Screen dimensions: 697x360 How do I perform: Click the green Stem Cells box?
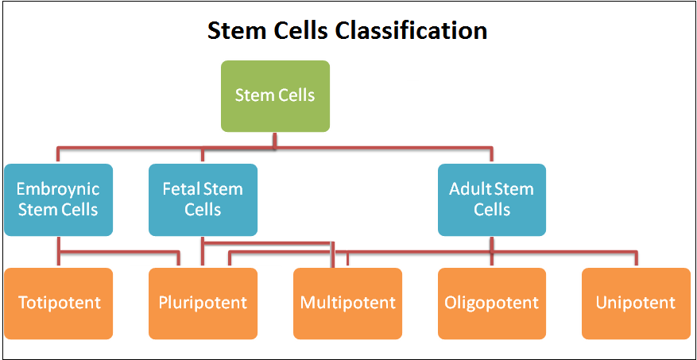(275, 96)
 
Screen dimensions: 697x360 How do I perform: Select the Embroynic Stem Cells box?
(58, 199)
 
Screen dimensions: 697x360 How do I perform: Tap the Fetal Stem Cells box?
(203, 199)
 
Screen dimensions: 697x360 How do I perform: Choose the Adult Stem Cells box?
(492, 199)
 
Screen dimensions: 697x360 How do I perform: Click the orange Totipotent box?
(58, 304)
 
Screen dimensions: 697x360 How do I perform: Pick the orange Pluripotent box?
(203, 304)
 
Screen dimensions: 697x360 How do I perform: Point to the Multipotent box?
(347, 304)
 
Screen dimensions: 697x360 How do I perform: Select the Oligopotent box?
(492, 304)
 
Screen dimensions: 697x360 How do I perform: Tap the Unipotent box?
(636, 304)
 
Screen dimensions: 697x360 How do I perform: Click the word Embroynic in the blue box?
(58, 189)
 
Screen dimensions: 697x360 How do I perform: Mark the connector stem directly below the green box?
(275, 140)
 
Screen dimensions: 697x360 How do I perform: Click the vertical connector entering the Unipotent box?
(636, 259)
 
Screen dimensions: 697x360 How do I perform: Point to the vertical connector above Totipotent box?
(58, 252)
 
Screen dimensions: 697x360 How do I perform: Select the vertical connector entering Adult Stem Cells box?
(492, 155)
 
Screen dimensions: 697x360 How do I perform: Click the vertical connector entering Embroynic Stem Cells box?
(58, 155)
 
